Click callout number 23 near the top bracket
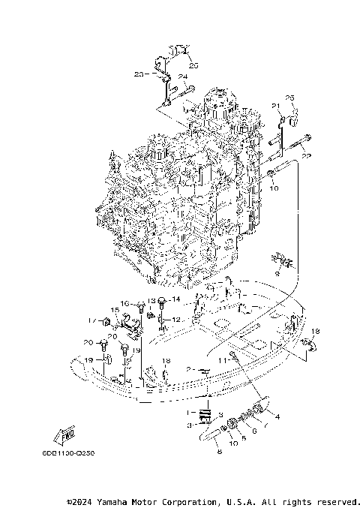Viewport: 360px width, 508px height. pyautogui.click(x=139, y=74)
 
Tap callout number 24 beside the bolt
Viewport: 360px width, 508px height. pyautogui.click(x=181, y=77)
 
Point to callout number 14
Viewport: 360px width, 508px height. pyautogui.click(x=178, y=299)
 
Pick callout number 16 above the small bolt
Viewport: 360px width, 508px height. pyautogui.click(x=127, y=303)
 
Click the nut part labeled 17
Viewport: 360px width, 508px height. pyautogui.click(x=106, y=323)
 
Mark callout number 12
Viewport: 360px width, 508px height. pyautogui.click(x=178, y=320)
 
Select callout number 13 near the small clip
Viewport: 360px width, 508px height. pyautogui.click(x=150, y=302)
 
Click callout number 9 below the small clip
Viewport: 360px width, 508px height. pyautogui.click(x=277, y=274)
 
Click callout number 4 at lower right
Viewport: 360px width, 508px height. pyautogui.click(x=277, y=416)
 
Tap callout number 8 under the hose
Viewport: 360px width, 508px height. pyautogui.click(x=217, y=452)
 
